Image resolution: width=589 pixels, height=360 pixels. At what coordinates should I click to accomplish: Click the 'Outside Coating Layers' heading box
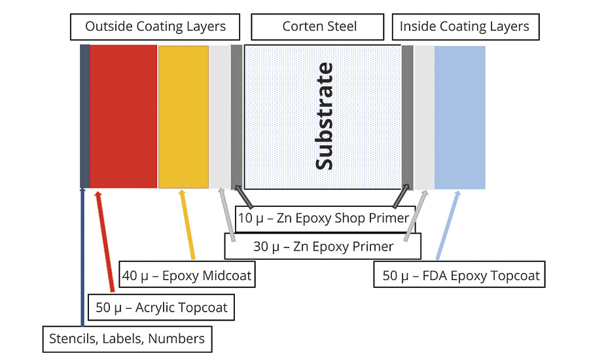[155, 27]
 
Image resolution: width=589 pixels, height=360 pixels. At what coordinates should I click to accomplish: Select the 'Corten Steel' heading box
[319, 27]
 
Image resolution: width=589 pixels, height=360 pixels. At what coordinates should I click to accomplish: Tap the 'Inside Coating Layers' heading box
[464, 27]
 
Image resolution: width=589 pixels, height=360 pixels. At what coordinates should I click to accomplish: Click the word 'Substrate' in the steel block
[324, 117]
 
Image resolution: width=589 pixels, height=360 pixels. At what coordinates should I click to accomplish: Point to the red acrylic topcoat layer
[123, 117]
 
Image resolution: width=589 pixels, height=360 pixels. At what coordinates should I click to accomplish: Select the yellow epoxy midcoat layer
[183, 117]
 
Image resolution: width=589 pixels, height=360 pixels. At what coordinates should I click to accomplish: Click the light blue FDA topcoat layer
[459, 117]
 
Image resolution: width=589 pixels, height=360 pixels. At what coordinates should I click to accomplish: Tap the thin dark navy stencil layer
[84, 117]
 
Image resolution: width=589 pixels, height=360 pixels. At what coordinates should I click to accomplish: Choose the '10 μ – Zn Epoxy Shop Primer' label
[323, 218]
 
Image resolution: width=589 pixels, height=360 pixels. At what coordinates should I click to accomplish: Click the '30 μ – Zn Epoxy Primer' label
[323, 247]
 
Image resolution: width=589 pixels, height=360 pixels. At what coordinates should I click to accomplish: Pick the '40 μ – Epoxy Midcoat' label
[187, 276]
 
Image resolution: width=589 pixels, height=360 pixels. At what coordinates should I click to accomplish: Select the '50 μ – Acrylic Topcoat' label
[162, 307]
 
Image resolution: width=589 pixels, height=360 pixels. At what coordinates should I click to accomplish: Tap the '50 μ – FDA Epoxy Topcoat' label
[461, 276]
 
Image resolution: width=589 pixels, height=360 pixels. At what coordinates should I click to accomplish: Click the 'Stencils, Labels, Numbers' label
[127, 338]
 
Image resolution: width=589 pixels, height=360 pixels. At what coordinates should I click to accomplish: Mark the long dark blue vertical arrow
[82, 262]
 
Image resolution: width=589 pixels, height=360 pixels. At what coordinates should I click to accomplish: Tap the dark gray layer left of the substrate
[236, 117]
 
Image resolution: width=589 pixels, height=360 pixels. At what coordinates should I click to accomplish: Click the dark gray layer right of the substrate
[407, 117]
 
